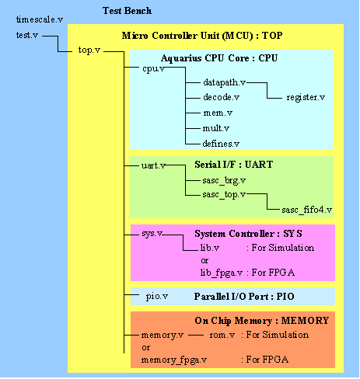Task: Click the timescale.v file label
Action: click(40, 19)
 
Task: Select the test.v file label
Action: click(27, 35)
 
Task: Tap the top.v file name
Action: click(89, 50)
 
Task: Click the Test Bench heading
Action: click(127, 11)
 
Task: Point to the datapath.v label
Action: click(225, 82)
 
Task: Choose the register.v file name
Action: click(306, 97)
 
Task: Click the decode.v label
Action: click(221, 97)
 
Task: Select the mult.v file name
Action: click(216, 128)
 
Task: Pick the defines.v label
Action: click(221, 143)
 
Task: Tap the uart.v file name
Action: click(153, 165)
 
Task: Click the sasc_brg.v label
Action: click(224, 180)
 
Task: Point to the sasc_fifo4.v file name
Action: click(307, 210)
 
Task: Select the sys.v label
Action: click(152, 234)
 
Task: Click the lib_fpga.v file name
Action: click(222, 273)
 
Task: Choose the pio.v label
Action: click(157, 296)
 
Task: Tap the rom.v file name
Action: click(222, 335)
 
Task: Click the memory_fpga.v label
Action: click(174, 360)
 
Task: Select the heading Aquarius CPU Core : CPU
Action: click(219, 58)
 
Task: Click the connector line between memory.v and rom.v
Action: click(196, 336)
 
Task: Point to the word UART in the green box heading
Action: click(259, 165)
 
